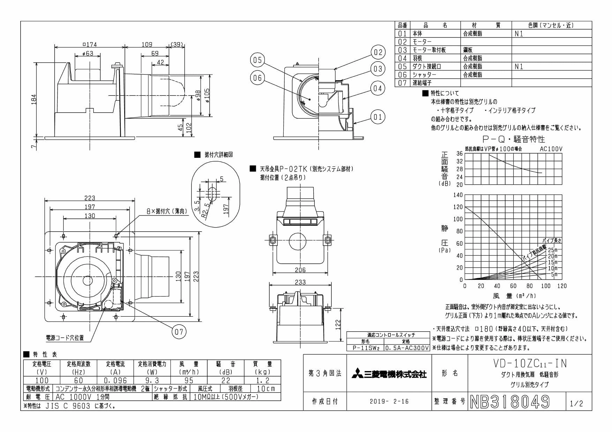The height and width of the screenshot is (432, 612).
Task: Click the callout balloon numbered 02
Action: pyautogui.click(x=378, y=53)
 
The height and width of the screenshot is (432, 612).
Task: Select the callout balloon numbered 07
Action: pyautogui.click(x=179, y=331)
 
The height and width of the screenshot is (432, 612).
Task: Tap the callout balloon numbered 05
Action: pyautogui.click(x=258, y=60)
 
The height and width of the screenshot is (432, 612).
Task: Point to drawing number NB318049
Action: pyautogui.click(x=510, y=402)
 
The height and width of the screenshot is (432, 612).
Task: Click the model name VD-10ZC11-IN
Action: pyautogui.click(x=530, y=363)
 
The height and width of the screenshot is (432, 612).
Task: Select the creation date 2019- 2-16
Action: pyautogui.click(x=389, y=402)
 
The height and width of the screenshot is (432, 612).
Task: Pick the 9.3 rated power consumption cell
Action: pyautogui.click(x=152, y=380)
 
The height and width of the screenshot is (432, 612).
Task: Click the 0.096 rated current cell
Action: pyautogui.click(x=115, y=380)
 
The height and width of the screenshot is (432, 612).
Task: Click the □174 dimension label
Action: pyautogui.click(x=89, y=44)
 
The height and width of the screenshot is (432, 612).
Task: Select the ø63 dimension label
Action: pyautogui.click(x=88, y=53)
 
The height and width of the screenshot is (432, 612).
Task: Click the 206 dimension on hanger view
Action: pyautogui.click(x=300, y=270)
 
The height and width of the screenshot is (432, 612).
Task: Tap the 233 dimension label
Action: pyautogui.click(x=300, y=282)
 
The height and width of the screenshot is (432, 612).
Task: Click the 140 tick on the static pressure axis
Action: pyautogui.click(x=458, y=195)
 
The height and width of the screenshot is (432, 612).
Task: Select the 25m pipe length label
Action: pyautogui.click(x=553, y=250)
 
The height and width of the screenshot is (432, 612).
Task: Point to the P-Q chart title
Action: pyautogui.click(x=514, y=139)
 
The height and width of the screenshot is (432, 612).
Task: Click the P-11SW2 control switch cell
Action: pyautogui.click(x=365, y=348)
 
